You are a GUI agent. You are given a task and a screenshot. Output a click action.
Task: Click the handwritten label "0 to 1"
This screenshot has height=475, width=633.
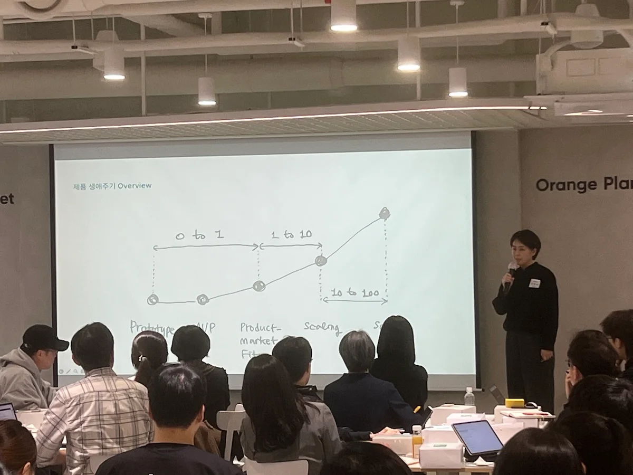click(x=200, y=235)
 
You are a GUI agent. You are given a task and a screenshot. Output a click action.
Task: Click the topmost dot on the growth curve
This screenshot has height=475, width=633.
click(x=385, y=214)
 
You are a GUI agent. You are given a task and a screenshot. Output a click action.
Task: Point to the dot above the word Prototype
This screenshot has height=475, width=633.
click(x=153, y=300)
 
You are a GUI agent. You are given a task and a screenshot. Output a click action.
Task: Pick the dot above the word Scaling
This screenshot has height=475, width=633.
click(x=321, y=260)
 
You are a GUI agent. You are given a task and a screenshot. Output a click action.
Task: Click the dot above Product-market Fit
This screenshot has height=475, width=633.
click(x=258, y=286)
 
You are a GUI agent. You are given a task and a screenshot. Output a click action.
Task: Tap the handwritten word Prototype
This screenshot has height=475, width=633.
click(x=152, y=328)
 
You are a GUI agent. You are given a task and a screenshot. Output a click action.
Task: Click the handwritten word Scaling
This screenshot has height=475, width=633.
click(x=322, y=327)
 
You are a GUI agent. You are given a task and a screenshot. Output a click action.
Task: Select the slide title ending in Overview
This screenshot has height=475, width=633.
click(x=112, y=186)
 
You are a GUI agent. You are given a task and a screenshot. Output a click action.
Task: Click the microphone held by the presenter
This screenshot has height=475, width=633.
click(x=510, y=274)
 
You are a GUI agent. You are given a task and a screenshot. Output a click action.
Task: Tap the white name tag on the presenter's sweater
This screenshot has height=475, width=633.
click(x=534, y=283)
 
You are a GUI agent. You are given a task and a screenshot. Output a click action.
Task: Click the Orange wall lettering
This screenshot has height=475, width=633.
click(x=559, y=185)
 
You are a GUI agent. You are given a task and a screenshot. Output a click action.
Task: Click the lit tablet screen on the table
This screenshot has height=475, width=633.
click(x=477, y=438)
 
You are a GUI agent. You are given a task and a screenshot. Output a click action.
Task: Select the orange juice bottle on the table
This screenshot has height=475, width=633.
click(x=417, y=441)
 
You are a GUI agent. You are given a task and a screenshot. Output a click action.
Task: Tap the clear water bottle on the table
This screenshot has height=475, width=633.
click(x=469, y=397)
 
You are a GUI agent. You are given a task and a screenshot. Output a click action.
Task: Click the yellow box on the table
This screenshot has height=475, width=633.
click(x=514, y=403)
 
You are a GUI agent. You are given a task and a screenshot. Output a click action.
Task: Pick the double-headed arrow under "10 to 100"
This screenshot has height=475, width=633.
click(x=354, y=301)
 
